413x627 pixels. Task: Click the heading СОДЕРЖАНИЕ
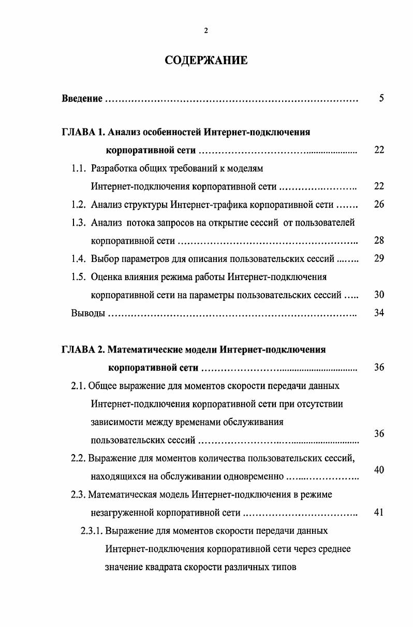coord(206,61)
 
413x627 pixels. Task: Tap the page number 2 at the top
coord(206,31)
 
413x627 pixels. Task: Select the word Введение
coord(82,98)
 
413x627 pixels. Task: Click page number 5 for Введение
coord(381,98)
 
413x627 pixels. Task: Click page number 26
coord(379,204)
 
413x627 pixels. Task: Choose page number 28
coord(379,240)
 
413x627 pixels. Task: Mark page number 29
coord(379,258)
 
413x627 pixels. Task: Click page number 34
coord(379,313)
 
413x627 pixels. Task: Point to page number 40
coord(379,470)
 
